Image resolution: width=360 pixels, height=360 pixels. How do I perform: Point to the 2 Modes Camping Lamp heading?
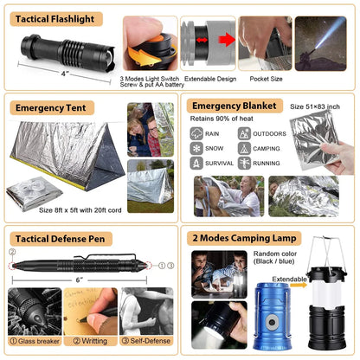tap(246, 238)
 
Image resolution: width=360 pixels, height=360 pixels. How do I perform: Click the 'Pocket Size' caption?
tap(267, 78)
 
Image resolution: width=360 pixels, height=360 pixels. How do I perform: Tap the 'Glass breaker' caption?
tap(37, 342)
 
